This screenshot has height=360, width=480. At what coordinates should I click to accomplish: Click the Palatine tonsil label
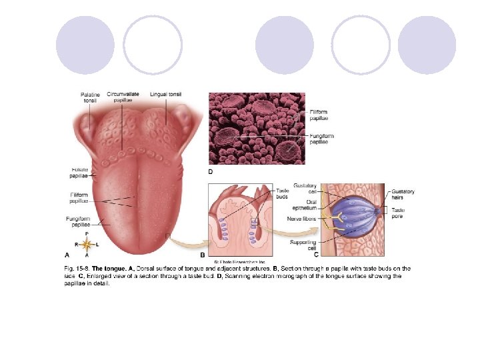coord(90,97)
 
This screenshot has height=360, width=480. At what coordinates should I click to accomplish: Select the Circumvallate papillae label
coord(123,97)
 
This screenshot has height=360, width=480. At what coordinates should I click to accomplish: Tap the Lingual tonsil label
coord(165,95)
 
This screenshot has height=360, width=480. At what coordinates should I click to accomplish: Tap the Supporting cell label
coord(304,245)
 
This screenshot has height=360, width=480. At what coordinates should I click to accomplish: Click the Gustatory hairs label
coord(403,195)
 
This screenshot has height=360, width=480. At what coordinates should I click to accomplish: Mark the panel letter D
coord(211,171)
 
